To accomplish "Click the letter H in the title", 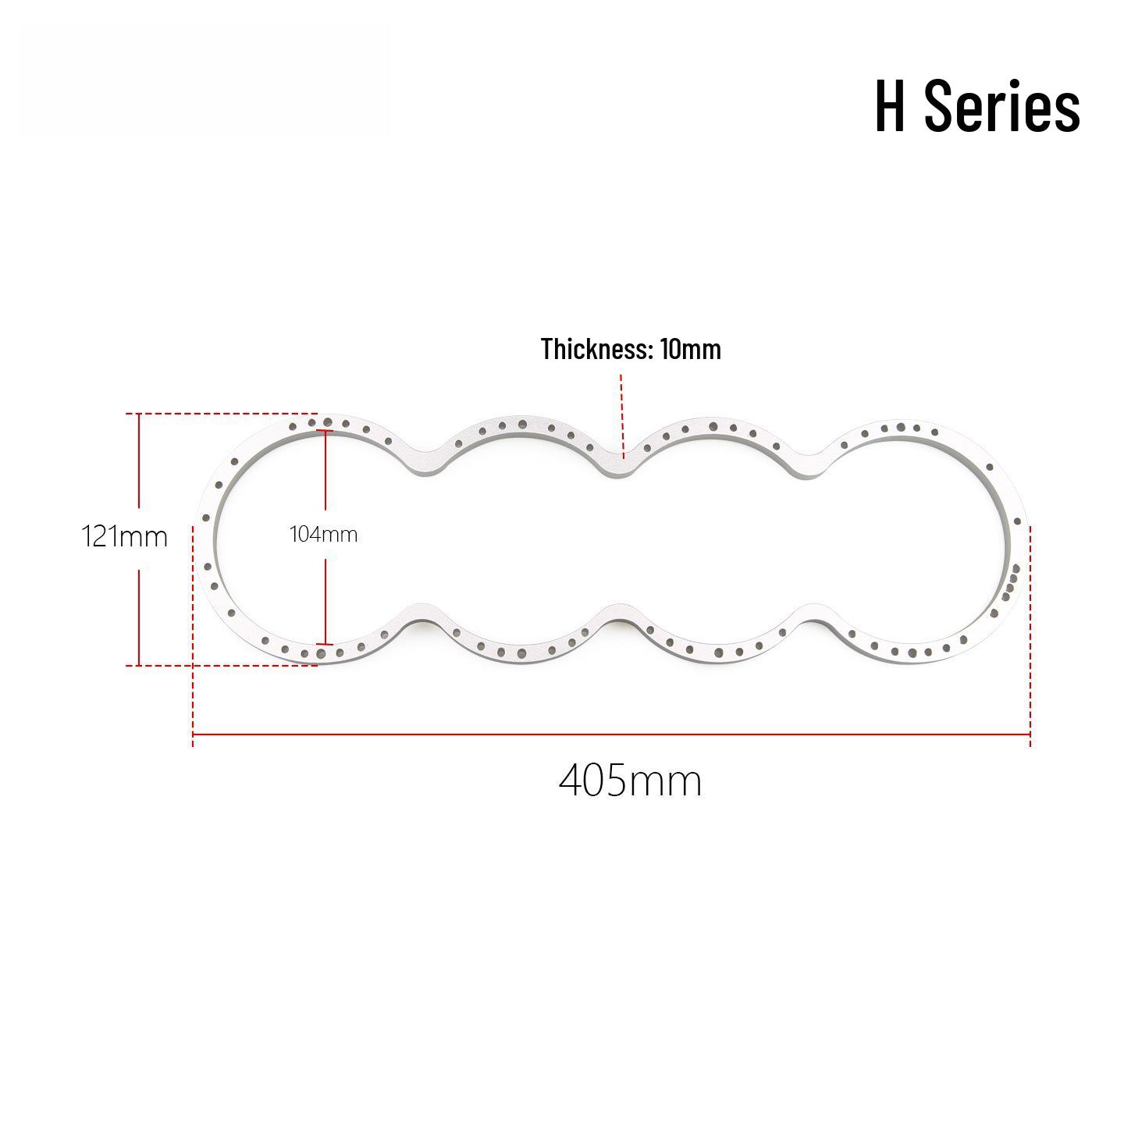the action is (x=890, y=106).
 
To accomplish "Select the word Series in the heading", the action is (x=1002, y=105).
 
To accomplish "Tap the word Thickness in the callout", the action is (x=595, y=349).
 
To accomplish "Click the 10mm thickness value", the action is (x=691, y=349).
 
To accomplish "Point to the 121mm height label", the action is (x=124, y=536).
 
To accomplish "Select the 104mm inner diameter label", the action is (x=324, y=535).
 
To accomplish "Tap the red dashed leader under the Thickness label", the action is (x=622, y=416).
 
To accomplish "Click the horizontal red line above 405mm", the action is (x=611, y=734).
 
